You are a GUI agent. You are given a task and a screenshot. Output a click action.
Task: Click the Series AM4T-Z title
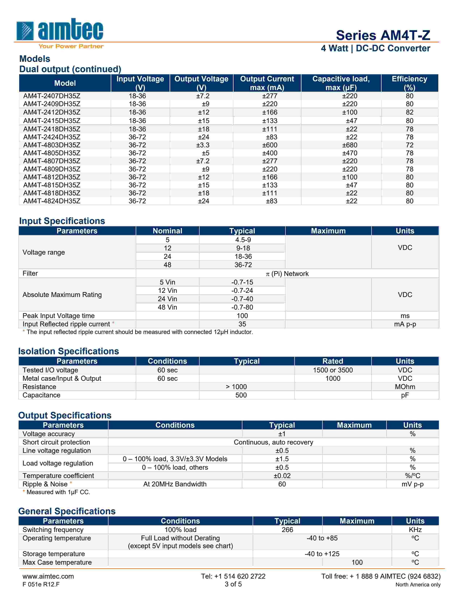[x=383, y=35]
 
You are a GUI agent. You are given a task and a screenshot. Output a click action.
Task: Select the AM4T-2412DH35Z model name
[x=52, y=112]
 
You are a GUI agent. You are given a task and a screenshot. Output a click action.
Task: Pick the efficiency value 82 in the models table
[x=409, y=112]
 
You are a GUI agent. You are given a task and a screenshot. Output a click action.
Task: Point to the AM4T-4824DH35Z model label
[x=52, y=201]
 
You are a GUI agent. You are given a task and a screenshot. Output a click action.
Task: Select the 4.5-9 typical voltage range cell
[x=243, y=240]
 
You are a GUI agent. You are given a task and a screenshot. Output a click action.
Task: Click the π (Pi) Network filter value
[x=287, y=273]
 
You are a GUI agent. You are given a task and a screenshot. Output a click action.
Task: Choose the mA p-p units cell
[x=405, y=324]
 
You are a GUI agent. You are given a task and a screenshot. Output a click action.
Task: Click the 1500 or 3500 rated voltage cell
[x=333, y=370]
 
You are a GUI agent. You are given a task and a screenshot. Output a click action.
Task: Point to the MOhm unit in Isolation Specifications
[x=405, y=387]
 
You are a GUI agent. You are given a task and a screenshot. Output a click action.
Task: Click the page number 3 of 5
[x=233, y=584]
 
